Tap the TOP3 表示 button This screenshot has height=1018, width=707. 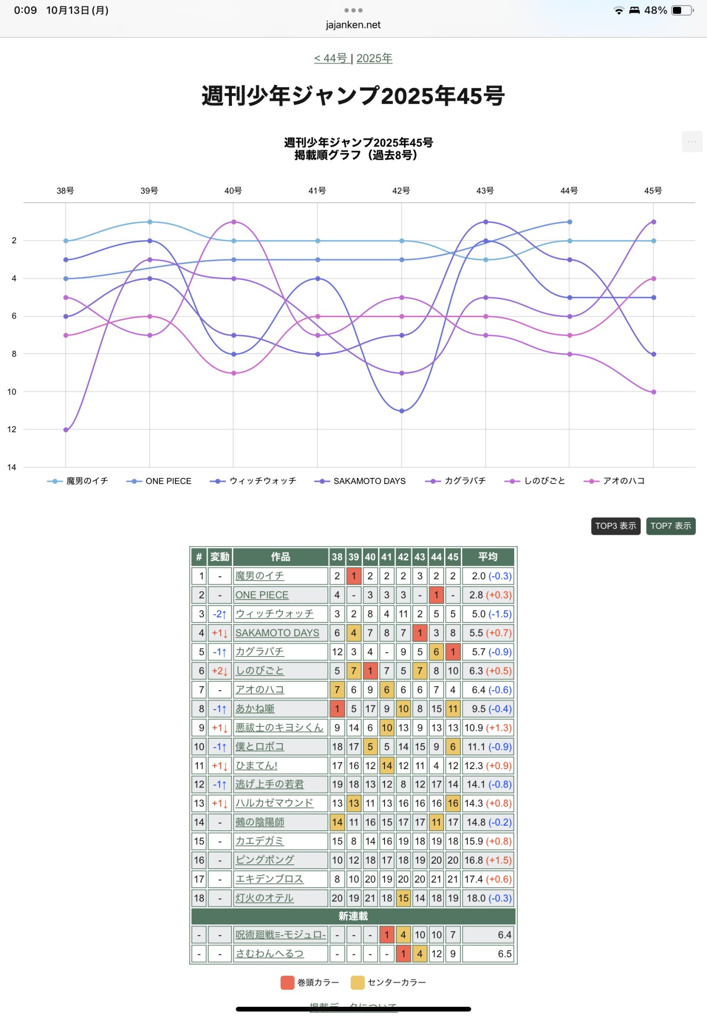tap(615, 526)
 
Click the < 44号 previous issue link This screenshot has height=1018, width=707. tap(331, 59)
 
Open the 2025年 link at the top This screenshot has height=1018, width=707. tap(374, 59)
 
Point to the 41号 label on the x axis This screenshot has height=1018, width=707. tap(317, 191)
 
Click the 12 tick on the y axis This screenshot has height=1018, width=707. tap(12, 429)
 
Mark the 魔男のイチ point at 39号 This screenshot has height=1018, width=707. tap(150, 222)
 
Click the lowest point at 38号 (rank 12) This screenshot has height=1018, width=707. tap(66, 430)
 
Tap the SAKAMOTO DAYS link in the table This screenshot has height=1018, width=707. tap(277, 633)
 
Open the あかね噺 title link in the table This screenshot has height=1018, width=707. tap(255, 709)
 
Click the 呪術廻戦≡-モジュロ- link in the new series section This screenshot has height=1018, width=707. tap(280, 935)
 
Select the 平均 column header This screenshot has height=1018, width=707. tap(488, 557)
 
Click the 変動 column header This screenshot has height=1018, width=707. tap(220, 557)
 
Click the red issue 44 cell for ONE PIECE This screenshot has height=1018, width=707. tap(436, 595)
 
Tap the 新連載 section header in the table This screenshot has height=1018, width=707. tap(353, 916)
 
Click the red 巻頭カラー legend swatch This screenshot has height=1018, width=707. tap(287, 982)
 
